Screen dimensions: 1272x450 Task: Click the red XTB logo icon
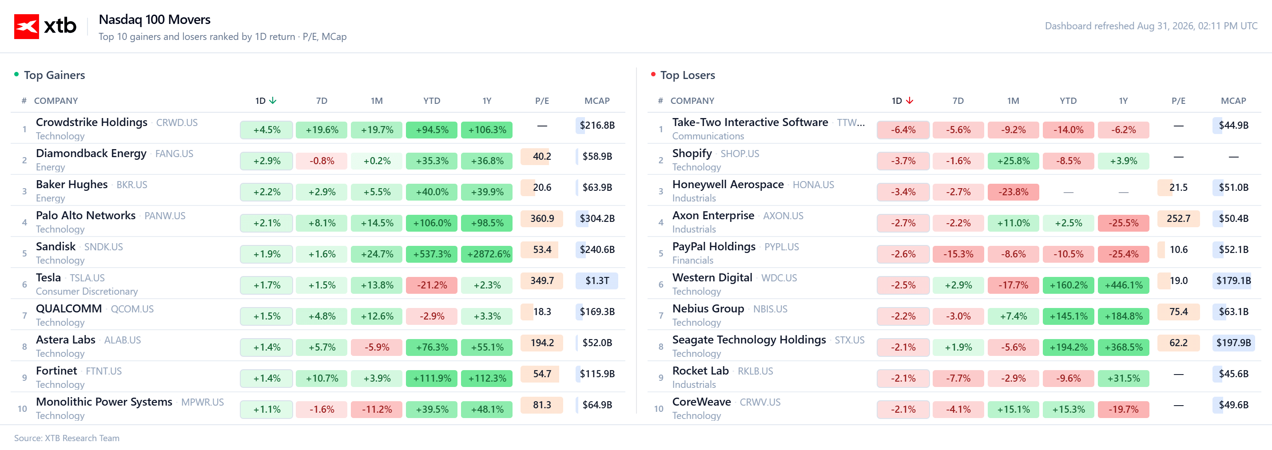(x=27, y=26)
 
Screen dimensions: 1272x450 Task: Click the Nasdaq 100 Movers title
(x=155, y=19)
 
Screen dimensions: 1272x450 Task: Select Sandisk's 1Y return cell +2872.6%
(x=487, y=254)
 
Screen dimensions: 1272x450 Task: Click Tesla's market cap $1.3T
(x=597, y=281)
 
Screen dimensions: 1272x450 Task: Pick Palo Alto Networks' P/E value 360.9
(x=542, y=219)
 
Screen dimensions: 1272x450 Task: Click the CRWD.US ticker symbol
(x=177, y=123)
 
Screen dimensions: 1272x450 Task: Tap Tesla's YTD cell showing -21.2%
(x=432, y=285)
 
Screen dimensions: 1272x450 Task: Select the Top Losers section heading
(x=688, y=75)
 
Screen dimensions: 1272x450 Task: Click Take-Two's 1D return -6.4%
(x=903, y=130)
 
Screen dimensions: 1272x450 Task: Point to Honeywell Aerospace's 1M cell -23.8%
(x=1013, y=192)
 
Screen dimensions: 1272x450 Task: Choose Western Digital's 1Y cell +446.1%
(x=1123, y=285)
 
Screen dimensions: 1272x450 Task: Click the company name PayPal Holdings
(x=714, y=247)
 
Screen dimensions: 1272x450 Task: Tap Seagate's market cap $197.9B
(x=1233, y=343)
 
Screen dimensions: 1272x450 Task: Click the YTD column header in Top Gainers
(x=432, y=101)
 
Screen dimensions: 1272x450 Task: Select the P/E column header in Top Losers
(x=1178, y=101)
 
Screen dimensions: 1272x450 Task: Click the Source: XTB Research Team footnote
(x=67, y=438)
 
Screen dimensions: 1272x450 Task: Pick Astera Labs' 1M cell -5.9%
(x=377, y=347)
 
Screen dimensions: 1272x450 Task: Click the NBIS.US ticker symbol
(x=770, y=309)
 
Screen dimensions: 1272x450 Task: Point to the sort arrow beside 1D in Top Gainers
(x=273, y=101)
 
